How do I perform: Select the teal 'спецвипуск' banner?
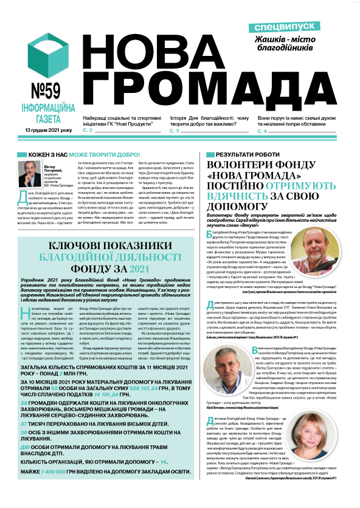click(x=285, y=28)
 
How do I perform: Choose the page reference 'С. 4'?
click(x=262, y=131)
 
